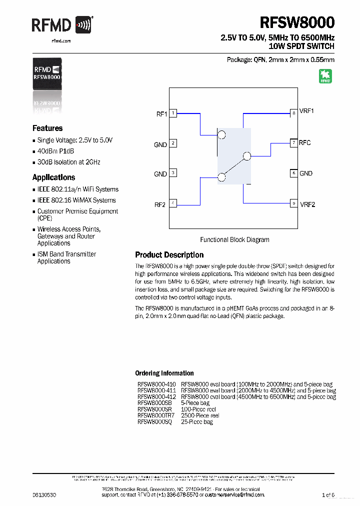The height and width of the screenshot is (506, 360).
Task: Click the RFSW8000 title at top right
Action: (297, 23)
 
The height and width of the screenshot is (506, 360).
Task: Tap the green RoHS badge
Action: (325, 76)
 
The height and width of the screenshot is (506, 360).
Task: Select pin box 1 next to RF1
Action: (173, 113)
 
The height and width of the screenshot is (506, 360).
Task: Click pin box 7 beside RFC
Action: (294, 143)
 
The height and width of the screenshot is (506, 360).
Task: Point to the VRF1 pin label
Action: (306, 111)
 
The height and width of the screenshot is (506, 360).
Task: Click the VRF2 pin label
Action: (307, 204)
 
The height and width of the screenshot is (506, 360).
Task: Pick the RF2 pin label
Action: (160, 204)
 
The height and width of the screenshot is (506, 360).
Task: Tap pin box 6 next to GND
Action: (294, 173)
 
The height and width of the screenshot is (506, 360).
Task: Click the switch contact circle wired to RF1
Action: (222, 134)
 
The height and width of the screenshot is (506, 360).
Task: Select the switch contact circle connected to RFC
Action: (246, 156)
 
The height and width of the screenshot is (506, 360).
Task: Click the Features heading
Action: (47, 128)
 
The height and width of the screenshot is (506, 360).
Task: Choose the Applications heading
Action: (53, 177)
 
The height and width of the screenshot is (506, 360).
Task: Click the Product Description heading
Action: (169, 255)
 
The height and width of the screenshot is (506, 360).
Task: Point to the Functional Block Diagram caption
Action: (234, 240)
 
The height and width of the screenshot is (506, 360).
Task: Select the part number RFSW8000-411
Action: (156, 390)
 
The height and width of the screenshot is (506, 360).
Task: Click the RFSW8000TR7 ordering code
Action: (156, 415)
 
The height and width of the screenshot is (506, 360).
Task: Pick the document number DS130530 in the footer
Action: (44, 494)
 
